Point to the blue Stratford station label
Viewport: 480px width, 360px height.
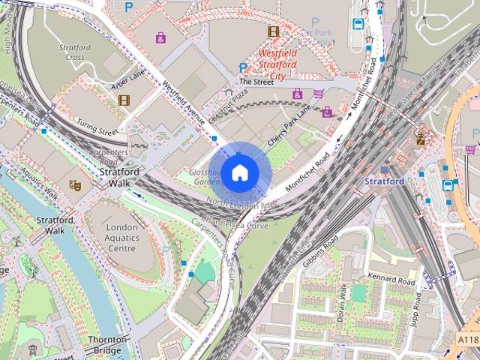(x=384, y=181)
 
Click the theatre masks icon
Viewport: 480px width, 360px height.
(x=74, y=184)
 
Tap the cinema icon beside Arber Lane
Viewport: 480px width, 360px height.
(x=124, y=100)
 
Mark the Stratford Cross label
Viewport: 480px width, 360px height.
(x=76, y=52)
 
